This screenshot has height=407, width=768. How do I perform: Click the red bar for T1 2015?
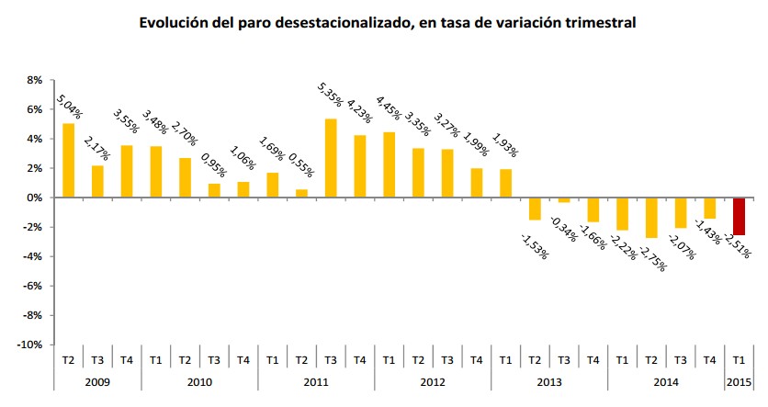coord(739,216)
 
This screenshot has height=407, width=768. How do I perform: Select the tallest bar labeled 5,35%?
coord(331,158)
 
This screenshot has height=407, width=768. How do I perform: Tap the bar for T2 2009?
coord(68,161)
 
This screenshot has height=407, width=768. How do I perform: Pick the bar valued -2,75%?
coord(651,218)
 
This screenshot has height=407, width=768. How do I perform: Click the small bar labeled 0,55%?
coord(301,193)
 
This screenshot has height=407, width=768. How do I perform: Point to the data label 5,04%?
coord(69,106)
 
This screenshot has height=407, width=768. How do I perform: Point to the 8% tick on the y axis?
coord(35,81)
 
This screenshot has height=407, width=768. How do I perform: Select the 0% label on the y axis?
coord(35,198)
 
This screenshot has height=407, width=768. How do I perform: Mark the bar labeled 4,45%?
coord(389,164)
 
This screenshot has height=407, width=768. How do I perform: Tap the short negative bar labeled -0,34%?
coord(563,199)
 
